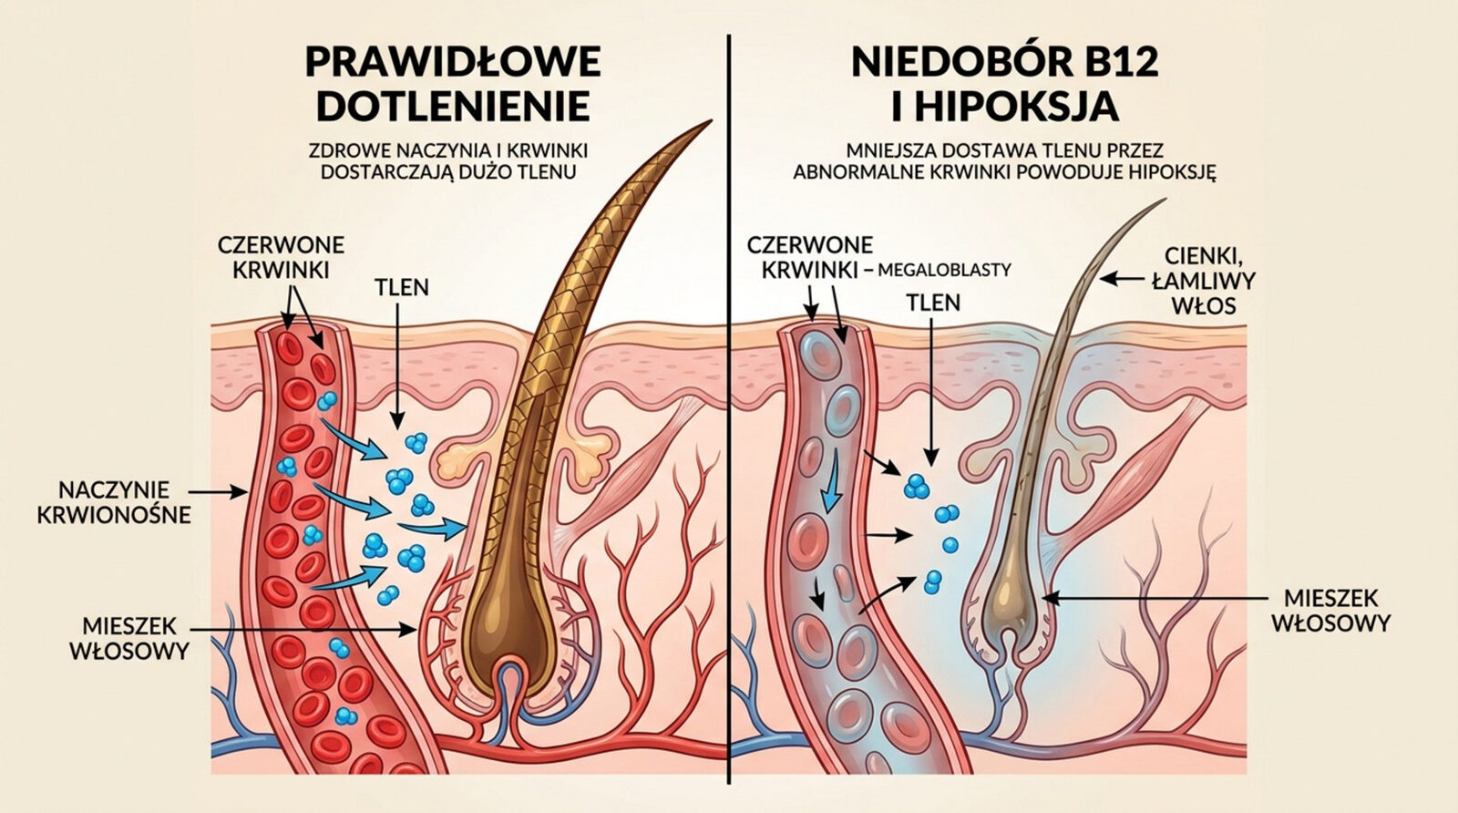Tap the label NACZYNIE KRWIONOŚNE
pos(114,502)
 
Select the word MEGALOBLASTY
pos(944,270)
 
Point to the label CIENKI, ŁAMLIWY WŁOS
pos(1204,281)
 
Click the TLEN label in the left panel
pos(402,288)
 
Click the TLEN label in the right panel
pos(933,303)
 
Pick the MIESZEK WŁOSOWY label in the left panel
pos(129,639)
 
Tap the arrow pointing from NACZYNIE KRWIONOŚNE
pos(221,492)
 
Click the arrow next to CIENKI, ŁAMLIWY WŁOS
pos(1121,279)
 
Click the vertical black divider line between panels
pos(729,408)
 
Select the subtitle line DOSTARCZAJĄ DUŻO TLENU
pos(448,172)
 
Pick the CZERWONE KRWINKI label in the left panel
pos(281,258)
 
